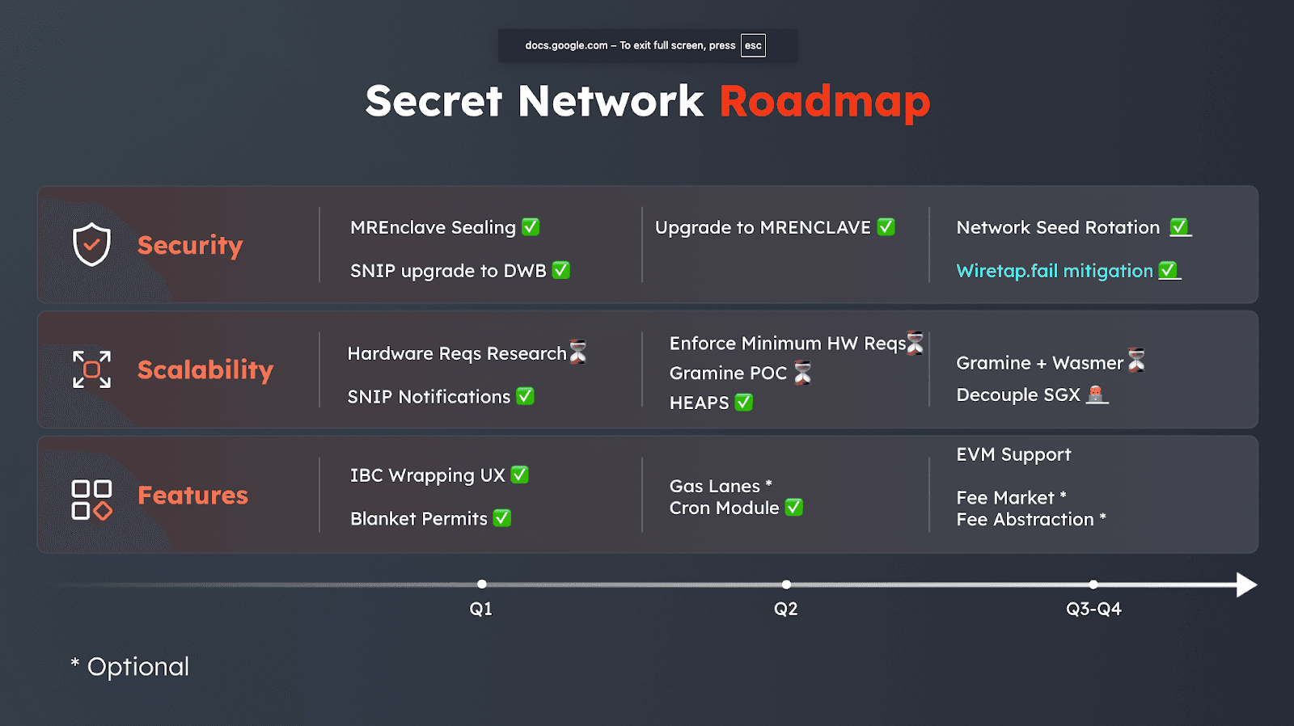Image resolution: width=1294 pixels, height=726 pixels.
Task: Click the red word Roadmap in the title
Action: click(824, 102)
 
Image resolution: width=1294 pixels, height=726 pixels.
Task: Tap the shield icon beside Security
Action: click(91, 244)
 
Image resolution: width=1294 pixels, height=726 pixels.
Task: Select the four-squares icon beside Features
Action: click(91, 499)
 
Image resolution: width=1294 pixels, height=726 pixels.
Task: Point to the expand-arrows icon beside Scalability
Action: click(91, 369)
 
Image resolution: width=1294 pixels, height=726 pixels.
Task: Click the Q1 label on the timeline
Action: click(481, 609)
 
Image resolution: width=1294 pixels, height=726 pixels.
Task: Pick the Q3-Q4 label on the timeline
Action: click(1093, 609)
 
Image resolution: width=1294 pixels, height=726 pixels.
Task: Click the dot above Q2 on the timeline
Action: click(786, 584)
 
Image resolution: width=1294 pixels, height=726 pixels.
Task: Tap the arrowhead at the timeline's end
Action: click(1246, 585)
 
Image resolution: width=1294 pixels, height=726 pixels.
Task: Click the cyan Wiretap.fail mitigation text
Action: click(1054, 271)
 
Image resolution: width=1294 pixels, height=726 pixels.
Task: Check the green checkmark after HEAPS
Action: click(744, 402)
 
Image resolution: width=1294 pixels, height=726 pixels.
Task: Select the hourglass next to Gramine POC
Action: click(802, 373)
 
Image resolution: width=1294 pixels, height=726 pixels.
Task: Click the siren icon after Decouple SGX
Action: click(1096, 395)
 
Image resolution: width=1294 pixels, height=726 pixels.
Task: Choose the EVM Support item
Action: click(1013, 454)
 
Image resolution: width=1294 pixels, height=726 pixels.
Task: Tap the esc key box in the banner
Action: click(753, 45)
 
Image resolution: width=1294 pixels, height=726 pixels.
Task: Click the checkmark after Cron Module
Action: click(794, 507)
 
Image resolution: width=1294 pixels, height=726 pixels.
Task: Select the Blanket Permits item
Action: click(419, 518)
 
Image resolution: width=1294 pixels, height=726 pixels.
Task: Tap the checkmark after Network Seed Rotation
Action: click(1179, 227)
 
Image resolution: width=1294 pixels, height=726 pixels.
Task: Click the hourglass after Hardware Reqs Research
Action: click(578, 352)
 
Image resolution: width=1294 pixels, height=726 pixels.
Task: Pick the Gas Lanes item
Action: click(715, 486)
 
